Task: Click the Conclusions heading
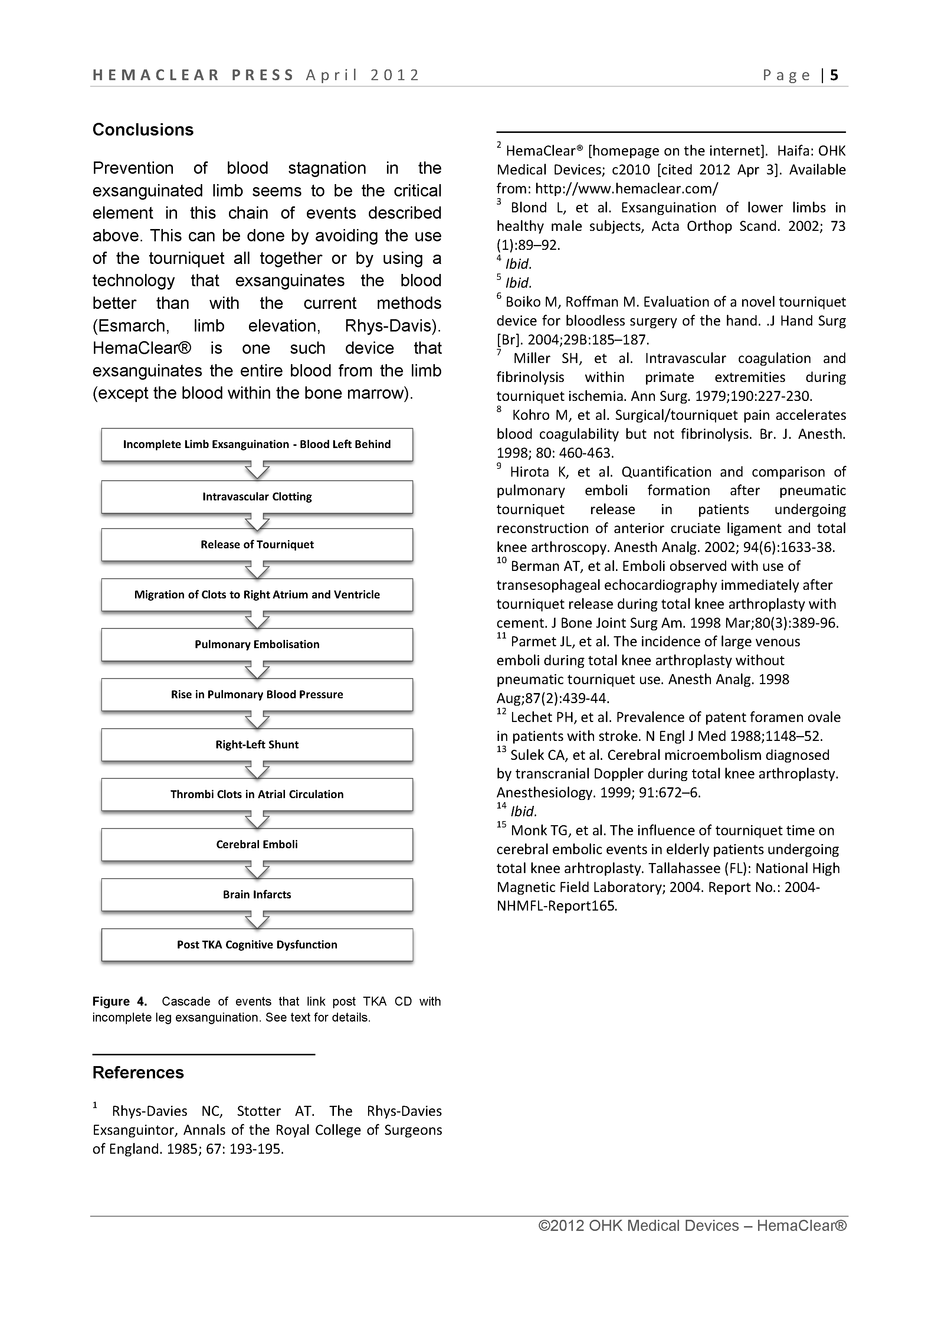tap(142, 130)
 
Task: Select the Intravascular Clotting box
tap(257, 497)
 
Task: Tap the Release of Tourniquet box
tap(257, 545)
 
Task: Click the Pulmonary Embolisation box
tap(257, 645)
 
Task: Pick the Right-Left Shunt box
tap(257, 745)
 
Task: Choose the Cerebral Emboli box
tap(257, 844)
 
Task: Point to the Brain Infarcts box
tap(257, 895)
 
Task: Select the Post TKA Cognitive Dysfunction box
tap(257, 945)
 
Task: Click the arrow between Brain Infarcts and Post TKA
tap(257, 920)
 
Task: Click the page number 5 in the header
tap(834, 75)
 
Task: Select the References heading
tap(138, 1073)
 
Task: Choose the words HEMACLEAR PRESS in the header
tap(193, 75)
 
